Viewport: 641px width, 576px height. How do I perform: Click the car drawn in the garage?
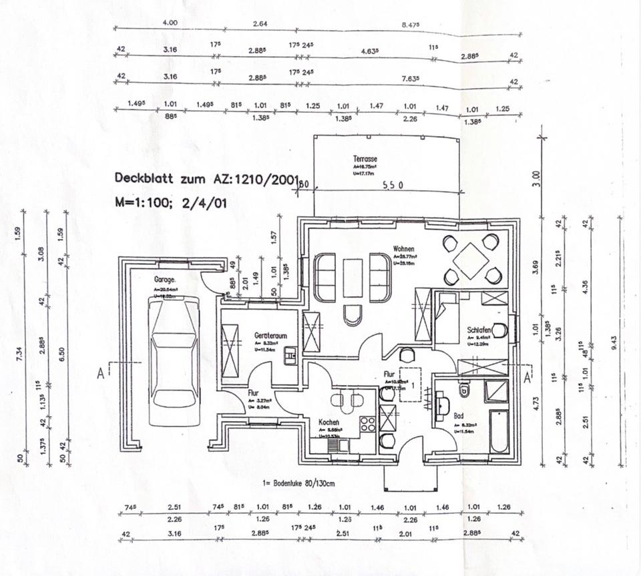[x=175, y=360]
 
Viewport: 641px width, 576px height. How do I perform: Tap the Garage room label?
[x=164, y=280]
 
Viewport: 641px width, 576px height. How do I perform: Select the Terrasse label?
[x=366, y=159]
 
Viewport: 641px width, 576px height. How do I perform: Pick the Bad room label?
[x=459, y=415]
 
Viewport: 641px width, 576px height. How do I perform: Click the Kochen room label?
[x=329, y=422]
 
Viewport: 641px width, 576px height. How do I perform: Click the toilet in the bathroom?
[x=465, y=389]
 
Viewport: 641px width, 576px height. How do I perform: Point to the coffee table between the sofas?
[x=353, y=276]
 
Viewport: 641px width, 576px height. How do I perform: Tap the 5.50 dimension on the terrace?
[x=392, y=186]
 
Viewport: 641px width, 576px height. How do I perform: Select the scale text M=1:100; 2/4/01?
[x=171, y=202]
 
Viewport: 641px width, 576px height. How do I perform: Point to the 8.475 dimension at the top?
[x=411, y=25]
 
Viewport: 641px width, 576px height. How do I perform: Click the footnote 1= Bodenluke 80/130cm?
[x=310, y=482]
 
